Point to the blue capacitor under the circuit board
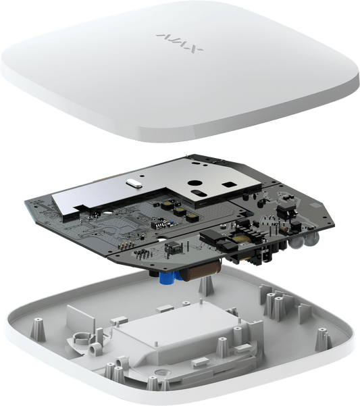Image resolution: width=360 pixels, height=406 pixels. click(x=164, y=278)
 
